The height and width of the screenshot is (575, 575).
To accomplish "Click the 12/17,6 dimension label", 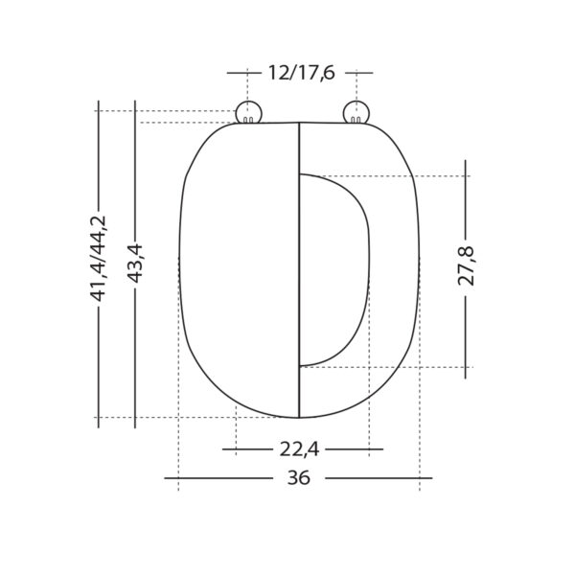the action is click(x=302, y=73).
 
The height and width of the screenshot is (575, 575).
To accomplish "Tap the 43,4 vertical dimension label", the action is click(x=135, y=264).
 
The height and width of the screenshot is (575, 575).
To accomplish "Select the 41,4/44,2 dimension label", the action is click(x=99, y=258).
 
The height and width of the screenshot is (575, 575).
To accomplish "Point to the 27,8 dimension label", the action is click(x=466, y=266).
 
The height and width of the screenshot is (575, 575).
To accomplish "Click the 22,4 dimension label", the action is click(x=299, y=449).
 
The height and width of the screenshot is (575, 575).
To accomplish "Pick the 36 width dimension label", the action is click(x=299, y=478).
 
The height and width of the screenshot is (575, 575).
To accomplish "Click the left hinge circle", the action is click(x=248, y=112).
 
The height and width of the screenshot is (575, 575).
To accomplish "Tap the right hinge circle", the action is click(x=356, y=112).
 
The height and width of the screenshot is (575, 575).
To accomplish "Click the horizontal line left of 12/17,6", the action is click(x=244, y=73).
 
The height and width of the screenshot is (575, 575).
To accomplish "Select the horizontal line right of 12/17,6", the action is click(x=359, y=73).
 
